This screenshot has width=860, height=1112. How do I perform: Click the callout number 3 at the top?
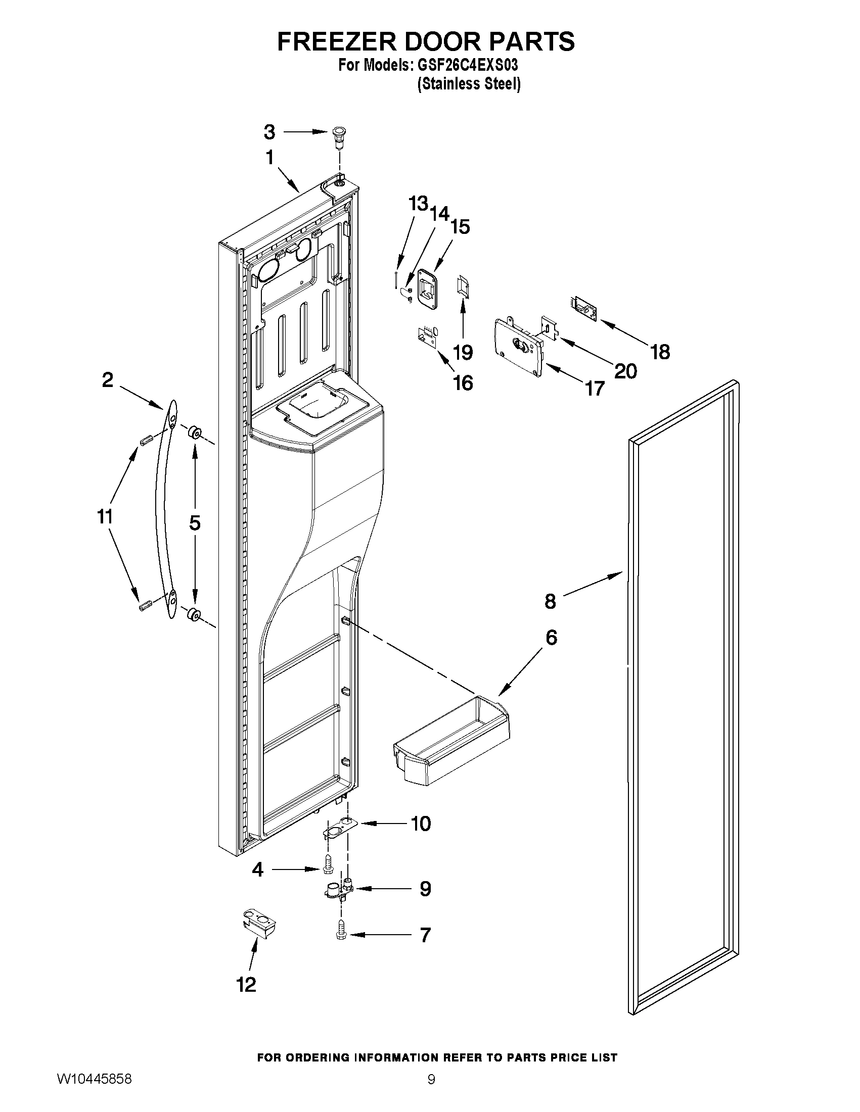pyautogui.click(x=269, y=132)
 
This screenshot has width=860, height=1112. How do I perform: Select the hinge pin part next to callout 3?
pyautogui.click(x=338, y=136)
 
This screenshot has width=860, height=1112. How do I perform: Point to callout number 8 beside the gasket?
pyautogui.click(x=550, y=601)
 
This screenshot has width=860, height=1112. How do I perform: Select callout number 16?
pyautogui.click(x=463, y=383)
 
